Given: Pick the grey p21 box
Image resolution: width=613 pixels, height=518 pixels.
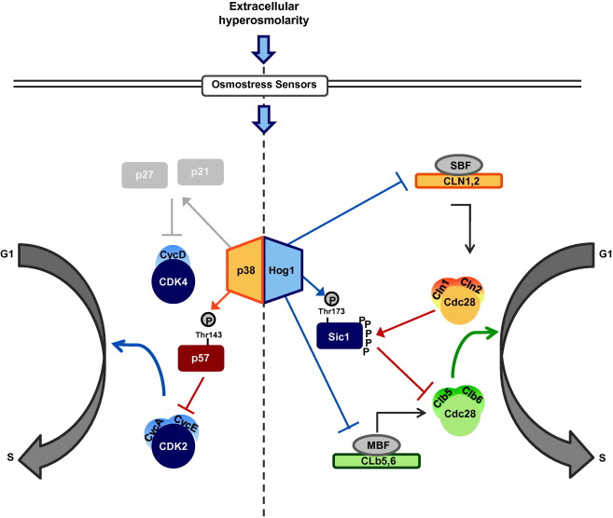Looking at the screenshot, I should point(198,174).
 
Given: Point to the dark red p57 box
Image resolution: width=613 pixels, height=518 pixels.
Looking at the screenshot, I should point(201,358).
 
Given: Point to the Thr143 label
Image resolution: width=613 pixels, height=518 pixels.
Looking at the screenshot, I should point(205,334).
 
